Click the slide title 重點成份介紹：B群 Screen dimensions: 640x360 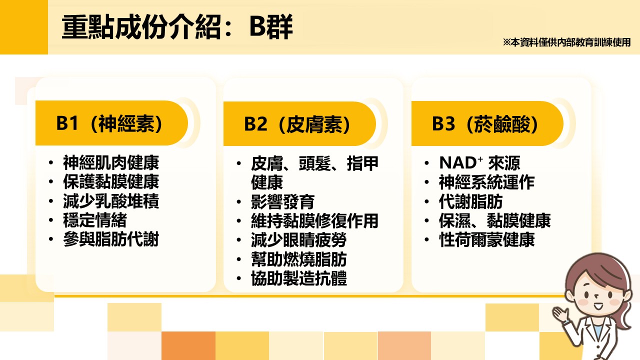[x=177, y=27]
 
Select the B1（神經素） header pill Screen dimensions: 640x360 [x=111, y=123]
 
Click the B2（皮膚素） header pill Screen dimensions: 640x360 [x=299, y=123]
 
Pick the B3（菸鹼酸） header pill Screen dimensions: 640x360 [x=487, y=123]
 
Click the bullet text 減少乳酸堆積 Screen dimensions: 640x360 [x=111, y=201]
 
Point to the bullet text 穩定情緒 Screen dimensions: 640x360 [x=95, y=220]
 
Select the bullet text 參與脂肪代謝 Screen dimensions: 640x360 [x=111, y=239]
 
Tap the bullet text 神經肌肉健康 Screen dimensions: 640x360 [x=111, y=162]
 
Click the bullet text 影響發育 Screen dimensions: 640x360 [x=283, y=201]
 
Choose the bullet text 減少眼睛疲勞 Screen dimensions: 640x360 [x=299, y=240]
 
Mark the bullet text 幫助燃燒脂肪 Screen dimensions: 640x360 [x=299, y=259]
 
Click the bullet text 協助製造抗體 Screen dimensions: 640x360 [x=299, y=278]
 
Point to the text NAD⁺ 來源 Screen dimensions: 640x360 [x=479, y=163]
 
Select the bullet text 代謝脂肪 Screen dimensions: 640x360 [x=471, y=201]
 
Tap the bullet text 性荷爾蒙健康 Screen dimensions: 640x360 [x=487, y=239]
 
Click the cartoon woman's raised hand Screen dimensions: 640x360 [x=560, y=314]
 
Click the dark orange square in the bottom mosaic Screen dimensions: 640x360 [x=188, y=345]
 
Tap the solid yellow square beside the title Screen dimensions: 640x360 [x=24, y=27]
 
